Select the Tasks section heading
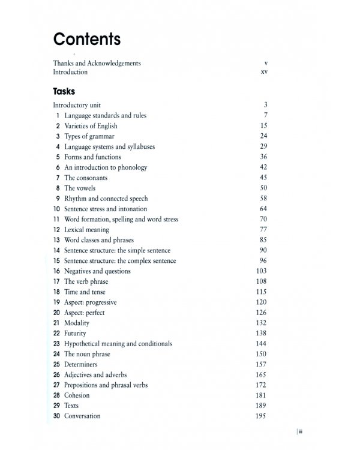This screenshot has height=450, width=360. click(64, 91)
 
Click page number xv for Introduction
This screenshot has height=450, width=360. click(263, 72)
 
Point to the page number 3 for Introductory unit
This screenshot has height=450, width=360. click(265, 105)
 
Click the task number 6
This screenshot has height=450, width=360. click(58, 167)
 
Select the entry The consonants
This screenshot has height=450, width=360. click(86, 178)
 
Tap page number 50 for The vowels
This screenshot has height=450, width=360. click(263, 188)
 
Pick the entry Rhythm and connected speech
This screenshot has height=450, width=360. click(106, 199)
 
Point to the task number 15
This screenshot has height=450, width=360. click(56, 261)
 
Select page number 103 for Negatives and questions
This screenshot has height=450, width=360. click(262, 271)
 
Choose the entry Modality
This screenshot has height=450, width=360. click(77, 323)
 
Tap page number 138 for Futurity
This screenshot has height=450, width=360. click(262, 334)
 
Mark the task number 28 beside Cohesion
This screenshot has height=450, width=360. click(56, 395)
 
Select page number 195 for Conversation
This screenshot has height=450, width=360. click(262, 416)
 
